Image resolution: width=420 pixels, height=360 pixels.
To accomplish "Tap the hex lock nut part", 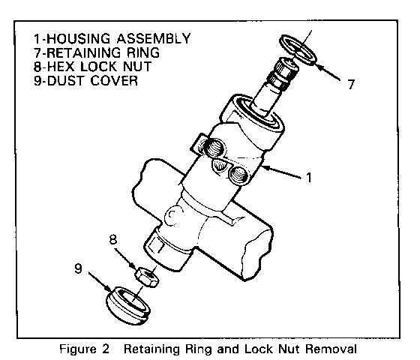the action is tap(146, 277).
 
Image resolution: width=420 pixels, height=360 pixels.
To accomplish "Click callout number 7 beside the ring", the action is tap(351, 84).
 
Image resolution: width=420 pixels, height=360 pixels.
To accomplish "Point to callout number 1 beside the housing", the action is tap(309, 177).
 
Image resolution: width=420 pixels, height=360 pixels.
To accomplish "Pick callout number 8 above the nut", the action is tap(113, 239).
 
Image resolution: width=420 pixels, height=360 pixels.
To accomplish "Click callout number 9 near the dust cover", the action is tap(78, 268).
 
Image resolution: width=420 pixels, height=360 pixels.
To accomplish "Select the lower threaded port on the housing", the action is tap(239, 176).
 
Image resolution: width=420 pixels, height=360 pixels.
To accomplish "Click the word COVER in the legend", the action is tap(114, 81).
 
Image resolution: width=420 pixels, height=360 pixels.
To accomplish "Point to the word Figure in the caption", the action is tap(78, 349).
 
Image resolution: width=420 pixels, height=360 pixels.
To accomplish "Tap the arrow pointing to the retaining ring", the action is tap(328, 71).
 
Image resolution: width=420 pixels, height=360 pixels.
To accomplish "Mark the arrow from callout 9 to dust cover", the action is tap(100, 282).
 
